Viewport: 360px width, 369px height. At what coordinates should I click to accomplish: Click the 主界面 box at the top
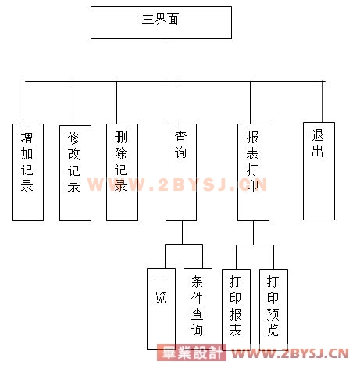point(161,23)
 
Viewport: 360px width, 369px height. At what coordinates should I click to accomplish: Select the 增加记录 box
point(28,172)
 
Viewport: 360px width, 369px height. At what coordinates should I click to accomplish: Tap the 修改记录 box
point(75,173)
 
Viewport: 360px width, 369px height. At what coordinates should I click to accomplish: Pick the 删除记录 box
point(122,172)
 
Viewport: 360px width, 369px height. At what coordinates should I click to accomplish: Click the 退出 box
point(319,171)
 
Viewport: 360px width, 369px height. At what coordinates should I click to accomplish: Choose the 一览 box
point(161,309)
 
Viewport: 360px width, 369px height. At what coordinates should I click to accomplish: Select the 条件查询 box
point(198,309)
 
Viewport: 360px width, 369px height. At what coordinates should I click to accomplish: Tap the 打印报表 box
point(236,310)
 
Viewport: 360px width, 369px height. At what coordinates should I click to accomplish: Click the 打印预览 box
point(273,310)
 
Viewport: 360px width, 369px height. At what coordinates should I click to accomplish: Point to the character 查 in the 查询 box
point(180,137)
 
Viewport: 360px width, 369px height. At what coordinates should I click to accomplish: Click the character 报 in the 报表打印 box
point(252,137)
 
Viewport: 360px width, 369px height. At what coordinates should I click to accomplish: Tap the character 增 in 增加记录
point(27,137)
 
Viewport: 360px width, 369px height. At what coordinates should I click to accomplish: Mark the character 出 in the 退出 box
point(317,151)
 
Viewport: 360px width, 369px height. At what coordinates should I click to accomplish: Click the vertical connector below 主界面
point(166,60)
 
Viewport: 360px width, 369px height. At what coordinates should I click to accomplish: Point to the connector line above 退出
point(323,102)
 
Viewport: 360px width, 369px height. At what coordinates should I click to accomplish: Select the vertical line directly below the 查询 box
point(182,232)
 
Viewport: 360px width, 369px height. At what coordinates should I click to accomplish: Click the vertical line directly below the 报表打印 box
point(253,233)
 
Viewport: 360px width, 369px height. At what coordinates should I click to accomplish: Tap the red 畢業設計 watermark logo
point(191,353)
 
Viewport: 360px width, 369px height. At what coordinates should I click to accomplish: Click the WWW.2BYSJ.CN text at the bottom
point(290,353)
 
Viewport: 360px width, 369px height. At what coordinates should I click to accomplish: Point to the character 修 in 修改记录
point(73,138)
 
